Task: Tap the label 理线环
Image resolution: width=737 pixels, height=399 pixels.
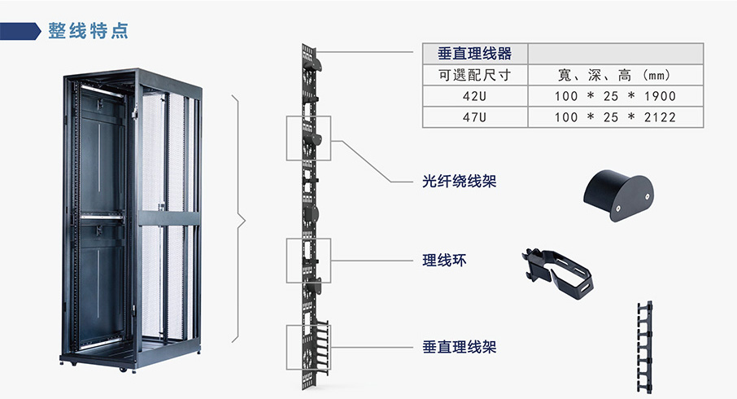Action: click(445, 261)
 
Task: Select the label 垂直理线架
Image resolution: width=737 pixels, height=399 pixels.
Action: click(459, 348)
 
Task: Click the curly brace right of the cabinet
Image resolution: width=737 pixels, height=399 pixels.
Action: click(240, 219)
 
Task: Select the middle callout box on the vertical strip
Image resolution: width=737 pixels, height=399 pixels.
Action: click(308, 261)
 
